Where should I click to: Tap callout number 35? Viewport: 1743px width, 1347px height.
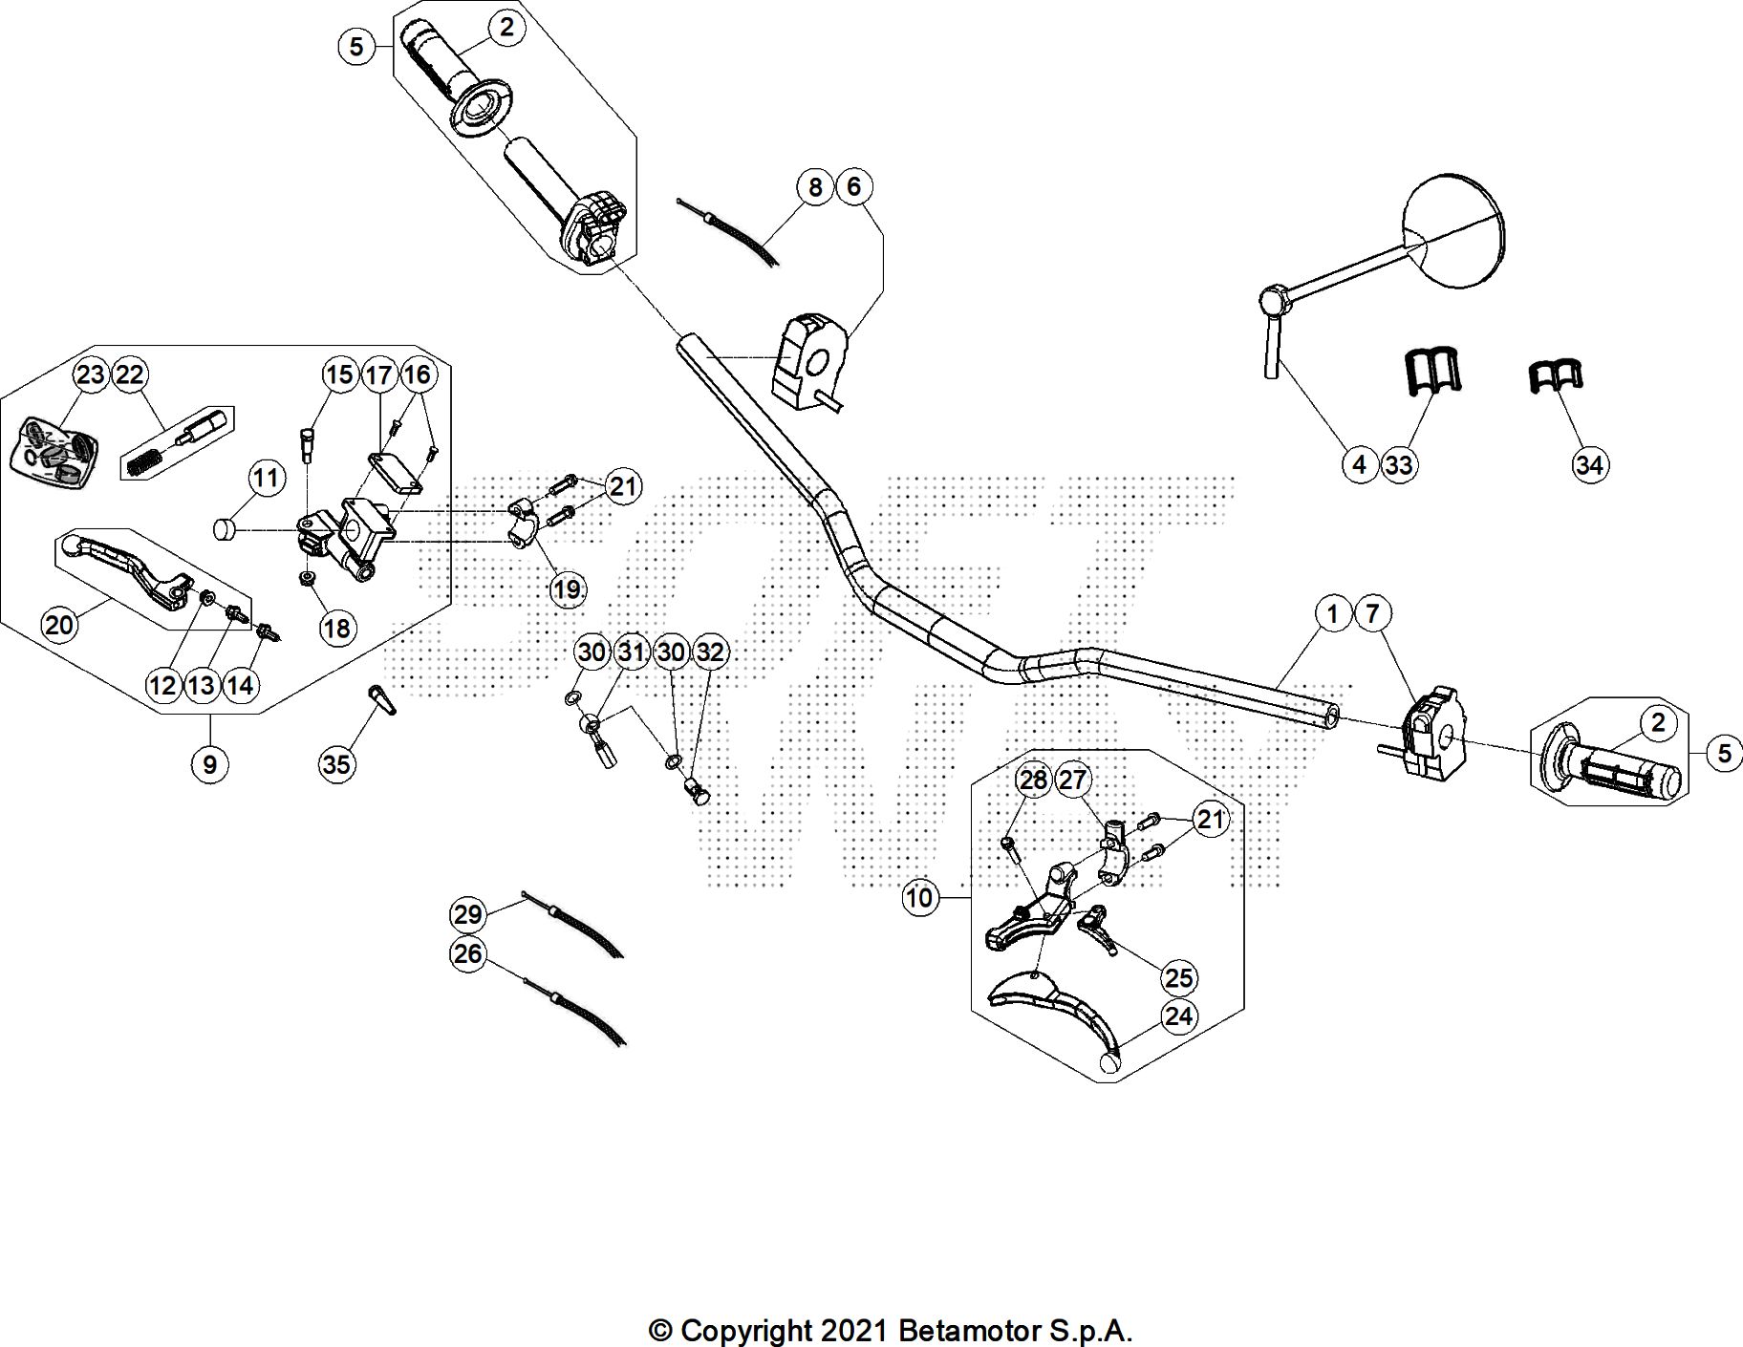click(x=336, y=763)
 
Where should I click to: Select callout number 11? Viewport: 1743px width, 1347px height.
click(x=267, y=478)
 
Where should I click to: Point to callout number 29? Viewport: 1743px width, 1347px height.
click(x=467, y=915)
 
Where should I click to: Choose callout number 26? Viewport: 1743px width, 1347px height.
click(x=467, y=954)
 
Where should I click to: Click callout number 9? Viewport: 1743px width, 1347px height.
click(x=209, y=763)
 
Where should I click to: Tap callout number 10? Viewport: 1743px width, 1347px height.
click(x=919, y=898)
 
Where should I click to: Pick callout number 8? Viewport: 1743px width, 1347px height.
click(x=814, y=186)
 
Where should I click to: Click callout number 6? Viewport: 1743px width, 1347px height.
click(x=853, y=186)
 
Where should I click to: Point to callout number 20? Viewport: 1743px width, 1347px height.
click(x=59, y=625)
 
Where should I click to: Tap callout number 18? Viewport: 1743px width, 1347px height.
click(x=336, y=628)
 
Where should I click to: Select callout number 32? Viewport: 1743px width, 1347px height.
click(x=709, y=652)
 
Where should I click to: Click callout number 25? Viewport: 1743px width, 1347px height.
click(x=1179, y=977)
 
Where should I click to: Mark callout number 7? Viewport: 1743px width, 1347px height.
click(x=1372, y=613)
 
